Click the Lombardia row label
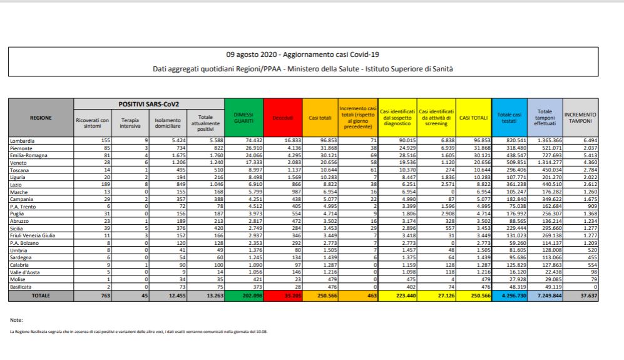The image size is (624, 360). coord(23,141)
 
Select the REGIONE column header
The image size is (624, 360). coord(41,117)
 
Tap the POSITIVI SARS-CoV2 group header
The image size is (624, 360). coord(148,104)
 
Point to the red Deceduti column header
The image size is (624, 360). coord(282,117)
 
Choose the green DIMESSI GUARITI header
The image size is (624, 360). coord(243,117)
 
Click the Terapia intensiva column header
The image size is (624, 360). coord(130,123)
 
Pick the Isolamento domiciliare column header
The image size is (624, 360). coord(168,123)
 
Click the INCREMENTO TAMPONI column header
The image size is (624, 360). coord(580,117)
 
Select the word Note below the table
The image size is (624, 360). coord(17,320)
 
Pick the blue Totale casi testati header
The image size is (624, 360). coord(509,117)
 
